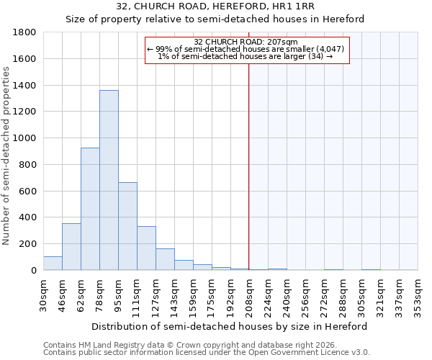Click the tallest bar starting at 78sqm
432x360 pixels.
pos(109,180)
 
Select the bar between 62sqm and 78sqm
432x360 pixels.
pos(90,209)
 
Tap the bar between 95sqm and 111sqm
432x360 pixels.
pos(127,226)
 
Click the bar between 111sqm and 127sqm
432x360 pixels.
pos(146,248)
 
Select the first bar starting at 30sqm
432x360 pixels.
pos(53,264)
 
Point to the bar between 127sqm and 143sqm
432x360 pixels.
pos(165,259)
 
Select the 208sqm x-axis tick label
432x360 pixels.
pos(249,295)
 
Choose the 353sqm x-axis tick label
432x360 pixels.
pos(418,295)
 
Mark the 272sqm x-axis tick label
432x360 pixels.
pos(324,295)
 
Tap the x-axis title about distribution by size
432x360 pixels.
pos(230,326)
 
